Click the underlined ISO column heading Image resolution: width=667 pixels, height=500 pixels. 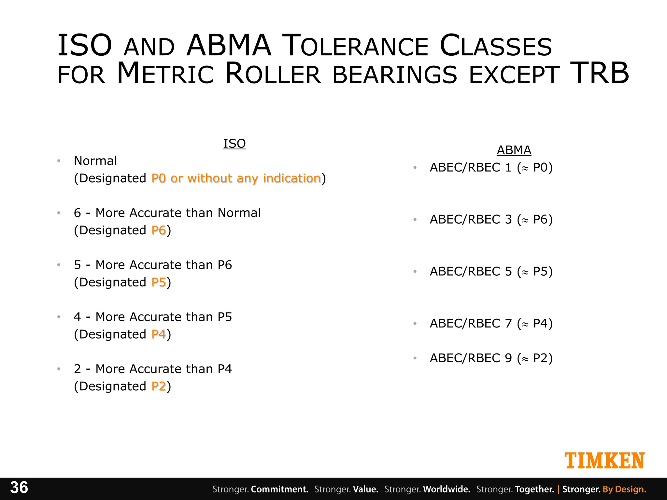pyautogui.click(x=234, y=144)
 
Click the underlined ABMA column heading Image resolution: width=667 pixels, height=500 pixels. pyautogui.click(x=514, y=150)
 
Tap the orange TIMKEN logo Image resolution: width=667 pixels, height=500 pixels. pyautogui.click(x=604, y=461)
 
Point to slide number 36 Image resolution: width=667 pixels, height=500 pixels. pyautogui.click(x=19, y=488)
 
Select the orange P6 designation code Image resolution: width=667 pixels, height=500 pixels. pyautogui.click(x=159, y=230)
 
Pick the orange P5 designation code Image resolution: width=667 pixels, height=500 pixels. pyautogui.click(x=159, y=282)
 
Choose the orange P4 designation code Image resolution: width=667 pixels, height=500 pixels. pyautogui.click(x=159, y=334)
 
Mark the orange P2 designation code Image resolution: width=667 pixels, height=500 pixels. pyautogui.click(x=159, y=386)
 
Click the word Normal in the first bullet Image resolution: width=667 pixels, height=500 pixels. pyautogui.click(x=95, y=161)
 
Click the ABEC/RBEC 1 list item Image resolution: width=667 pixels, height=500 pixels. pyautogui.click(x=491, y=167)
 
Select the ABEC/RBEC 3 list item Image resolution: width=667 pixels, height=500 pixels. pyautogui.click(x=491, y=219)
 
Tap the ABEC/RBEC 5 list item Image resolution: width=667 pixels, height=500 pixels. pyautogui.click(x=491, y=271)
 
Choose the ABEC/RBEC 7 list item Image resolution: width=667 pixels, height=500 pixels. pyautogui.click(x=491, y=324)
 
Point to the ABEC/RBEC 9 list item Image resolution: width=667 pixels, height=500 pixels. pyautogui.click(x=491, y=358)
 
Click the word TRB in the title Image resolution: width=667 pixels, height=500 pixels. pyautogui.click(x=600, y=73)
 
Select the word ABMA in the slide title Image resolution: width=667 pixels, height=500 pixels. pyautogui.click(x=229, y=46)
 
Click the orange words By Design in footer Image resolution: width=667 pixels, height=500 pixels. pyautogui.click(x=624, y=489)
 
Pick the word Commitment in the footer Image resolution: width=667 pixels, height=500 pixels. pyautogui.click(x=279, y=489)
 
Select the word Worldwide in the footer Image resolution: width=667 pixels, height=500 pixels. pyautogui.click(x=447, y=489)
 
